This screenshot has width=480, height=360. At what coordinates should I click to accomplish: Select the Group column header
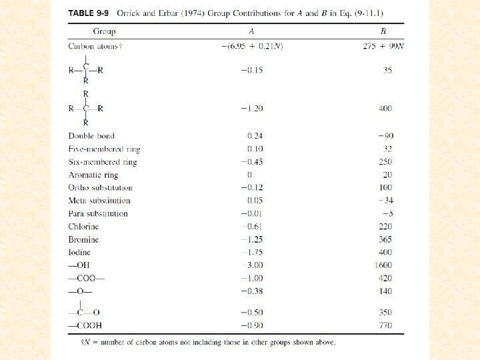(x=104, y=31)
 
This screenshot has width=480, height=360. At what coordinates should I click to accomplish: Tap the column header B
(x=382, y=31)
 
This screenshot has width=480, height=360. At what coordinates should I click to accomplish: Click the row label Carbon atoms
(x=94, y=46)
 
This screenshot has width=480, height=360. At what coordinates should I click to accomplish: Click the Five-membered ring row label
(x=104, y=149)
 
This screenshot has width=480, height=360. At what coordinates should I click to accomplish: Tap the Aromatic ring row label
(x=93, y=175)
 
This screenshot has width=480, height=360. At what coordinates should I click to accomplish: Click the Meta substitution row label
(x=99, y=201)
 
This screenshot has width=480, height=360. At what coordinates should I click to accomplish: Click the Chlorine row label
(x=83, y=227)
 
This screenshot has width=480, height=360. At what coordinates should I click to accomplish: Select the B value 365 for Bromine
(x=385, y=239)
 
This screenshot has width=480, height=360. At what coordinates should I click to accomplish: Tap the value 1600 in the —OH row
(x=383, y=265)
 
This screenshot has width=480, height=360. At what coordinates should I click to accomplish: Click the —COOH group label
(x=85, y=325)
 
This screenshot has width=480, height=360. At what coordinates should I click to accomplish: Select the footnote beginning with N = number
(x=207, y=343)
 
